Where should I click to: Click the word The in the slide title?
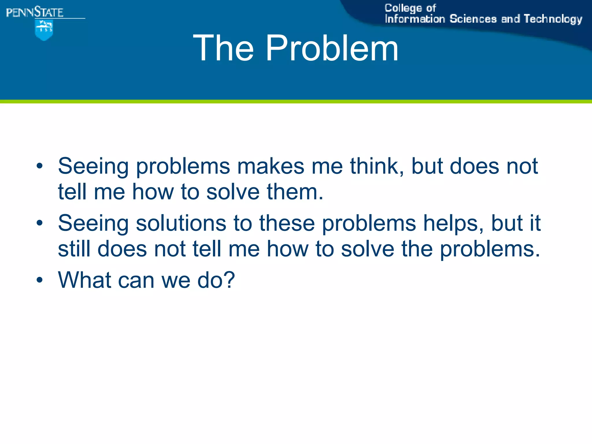223,48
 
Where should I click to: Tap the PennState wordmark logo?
35,13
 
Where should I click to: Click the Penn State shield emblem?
44,30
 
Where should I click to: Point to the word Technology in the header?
553,19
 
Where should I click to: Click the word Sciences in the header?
473,19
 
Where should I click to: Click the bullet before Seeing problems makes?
40,166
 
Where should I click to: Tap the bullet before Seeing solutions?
40,223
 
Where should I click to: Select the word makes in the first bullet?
271,166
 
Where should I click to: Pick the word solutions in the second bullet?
181,223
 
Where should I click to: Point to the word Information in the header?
415,19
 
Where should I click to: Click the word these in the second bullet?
287,223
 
